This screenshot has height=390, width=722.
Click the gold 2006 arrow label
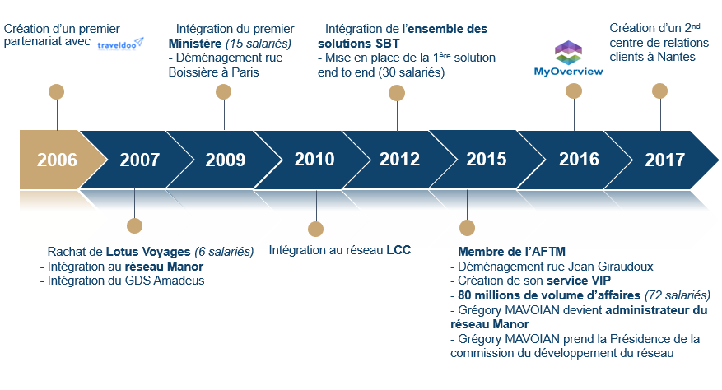click(x=57, y=160)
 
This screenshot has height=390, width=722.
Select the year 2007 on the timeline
click(x=139, y=160)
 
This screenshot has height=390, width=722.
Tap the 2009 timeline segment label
click(x=226, y=160)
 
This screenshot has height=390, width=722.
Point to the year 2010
click(x=314, y=160)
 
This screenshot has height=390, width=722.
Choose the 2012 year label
click(x=399, y=160)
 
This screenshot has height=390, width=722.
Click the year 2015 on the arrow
click(x=487, y=160)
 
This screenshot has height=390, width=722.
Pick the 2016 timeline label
click(x=579, y=160)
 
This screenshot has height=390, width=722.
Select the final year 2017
click(x=665, y=160)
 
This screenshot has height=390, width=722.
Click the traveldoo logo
click(x=120, y=44)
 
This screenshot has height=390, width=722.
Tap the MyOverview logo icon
click(x=568, y=52)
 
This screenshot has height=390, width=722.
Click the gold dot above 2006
click(x=57, y=91)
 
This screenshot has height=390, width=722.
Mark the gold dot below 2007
click(x=134, y=226)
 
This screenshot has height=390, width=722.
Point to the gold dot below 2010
click(x=316, y=229)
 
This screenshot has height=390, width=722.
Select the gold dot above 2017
click(x=659, y=91)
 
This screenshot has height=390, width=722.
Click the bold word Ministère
click(x=195, y=44)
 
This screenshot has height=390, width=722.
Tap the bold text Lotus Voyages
click(x=148, y=252)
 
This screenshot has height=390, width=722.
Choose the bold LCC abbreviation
click(x=398, y=250)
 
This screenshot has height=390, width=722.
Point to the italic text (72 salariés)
click(x=678, y=295)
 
